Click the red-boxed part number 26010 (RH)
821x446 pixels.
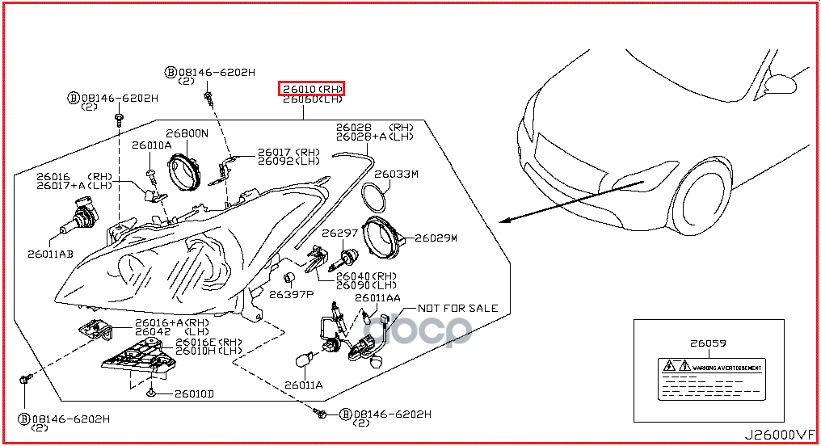point(312,88)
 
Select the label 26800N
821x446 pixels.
point(187,133)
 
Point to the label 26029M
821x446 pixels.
point(436,238)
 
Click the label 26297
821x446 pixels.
point(339,233)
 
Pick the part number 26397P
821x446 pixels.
point(291,295)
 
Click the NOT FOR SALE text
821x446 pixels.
point(457,309)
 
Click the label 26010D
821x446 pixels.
point(194,394)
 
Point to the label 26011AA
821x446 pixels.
point(377,298)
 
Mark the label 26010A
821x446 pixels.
point(152,145)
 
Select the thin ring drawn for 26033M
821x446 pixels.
point(373,196)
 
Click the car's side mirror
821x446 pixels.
point(782,83)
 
